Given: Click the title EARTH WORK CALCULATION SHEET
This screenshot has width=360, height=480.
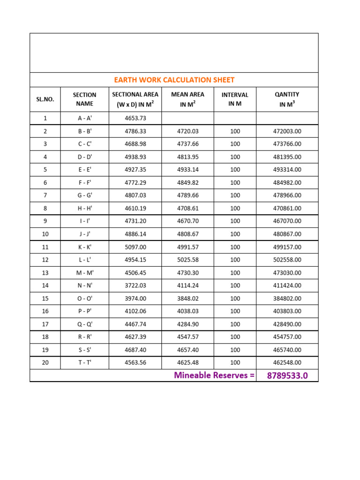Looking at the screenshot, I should click(174, 80).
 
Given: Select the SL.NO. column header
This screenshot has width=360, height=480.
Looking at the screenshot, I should click(45, 99).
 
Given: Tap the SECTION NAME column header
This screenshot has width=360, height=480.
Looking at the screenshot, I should click(84, 99).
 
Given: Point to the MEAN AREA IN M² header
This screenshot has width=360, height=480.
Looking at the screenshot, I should click(187, 99).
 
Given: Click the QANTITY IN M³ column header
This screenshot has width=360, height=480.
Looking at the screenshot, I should click(287, 99).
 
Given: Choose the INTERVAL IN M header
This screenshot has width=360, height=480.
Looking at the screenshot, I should click(235, 99).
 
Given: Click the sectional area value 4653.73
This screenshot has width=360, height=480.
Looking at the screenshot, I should click(135, 118).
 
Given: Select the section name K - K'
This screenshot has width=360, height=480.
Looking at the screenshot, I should click(84, 247).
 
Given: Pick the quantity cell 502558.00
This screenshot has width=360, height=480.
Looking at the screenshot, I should click(287, 260).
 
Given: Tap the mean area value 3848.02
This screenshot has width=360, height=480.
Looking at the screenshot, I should click(187, 298).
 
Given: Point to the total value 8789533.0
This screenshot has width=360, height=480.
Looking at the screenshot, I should click(287, 375).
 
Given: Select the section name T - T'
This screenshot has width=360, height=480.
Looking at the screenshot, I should click(84, 362).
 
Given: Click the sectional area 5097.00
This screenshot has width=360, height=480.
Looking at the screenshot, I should click(135, 247).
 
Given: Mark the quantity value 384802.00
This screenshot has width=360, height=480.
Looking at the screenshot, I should click(287, 298).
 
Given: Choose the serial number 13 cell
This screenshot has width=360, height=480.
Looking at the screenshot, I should click(45, 272).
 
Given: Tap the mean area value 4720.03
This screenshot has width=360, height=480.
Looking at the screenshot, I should click(187, 131).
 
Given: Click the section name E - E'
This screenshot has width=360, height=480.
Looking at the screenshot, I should click(84, 170).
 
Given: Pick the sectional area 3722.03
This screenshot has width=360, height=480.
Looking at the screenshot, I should click(135, 285).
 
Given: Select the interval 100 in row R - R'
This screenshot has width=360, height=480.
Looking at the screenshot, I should click(235, 337).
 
